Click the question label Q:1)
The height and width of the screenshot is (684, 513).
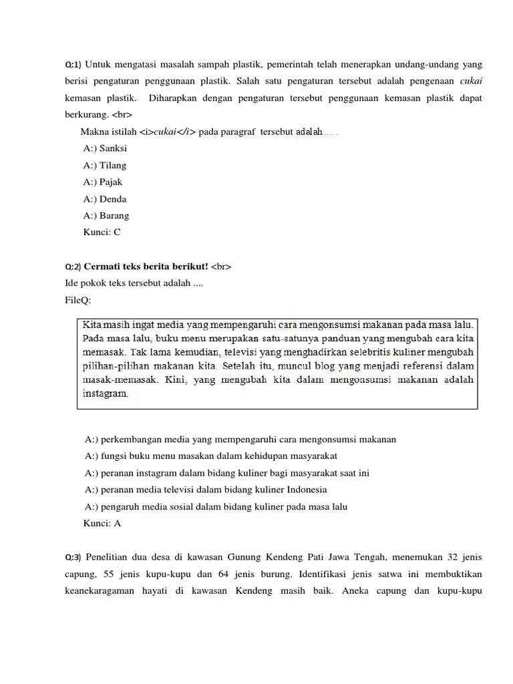(73, 65)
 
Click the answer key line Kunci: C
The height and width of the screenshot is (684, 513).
(102, 232)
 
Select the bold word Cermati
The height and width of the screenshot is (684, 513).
(103, 267)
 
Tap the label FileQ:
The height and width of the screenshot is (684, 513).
(77, 301)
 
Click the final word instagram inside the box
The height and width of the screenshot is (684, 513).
(105, 394)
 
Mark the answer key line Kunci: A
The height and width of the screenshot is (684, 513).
(102, 524)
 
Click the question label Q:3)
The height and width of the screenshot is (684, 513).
(73, 558)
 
